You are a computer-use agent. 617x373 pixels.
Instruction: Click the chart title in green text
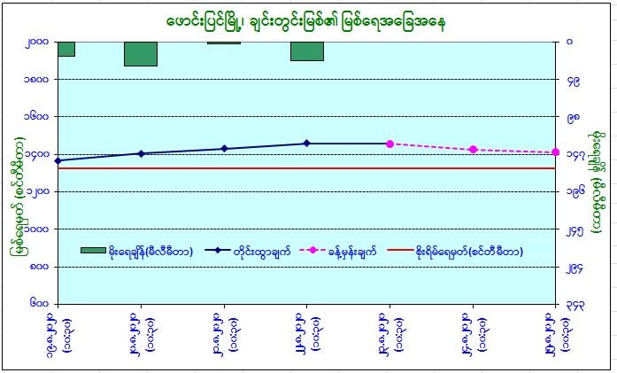click(x=305, y=19)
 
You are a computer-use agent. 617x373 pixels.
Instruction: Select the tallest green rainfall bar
click(x=141, y=53)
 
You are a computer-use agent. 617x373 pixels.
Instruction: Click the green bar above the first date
click(x=66, y=49)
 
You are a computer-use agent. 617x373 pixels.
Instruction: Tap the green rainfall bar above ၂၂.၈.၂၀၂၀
click(x=306, y=51)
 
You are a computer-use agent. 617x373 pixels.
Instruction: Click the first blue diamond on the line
click(x=58, y=160)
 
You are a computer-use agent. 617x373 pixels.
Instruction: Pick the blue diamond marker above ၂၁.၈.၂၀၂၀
click(x=224, y=148)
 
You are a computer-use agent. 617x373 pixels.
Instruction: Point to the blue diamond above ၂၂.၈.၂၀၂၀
click(x=306, y=143)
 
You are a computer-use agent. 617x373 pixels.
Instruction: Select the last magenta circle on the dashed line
click(x=556, y=152)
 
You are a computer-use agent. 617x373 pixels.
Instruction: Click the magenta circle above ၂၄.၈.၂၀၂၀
click(x=473, y=149)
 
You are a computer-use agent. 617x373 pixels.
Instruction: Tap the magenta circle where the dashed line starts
click(x=389, y=144)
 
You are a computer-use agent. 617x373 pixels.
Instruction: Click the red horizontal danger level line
click(x=266, y=167)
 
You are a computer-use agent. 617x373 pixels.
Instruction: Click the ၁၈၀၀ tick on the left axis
click(x=38, y=79)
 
